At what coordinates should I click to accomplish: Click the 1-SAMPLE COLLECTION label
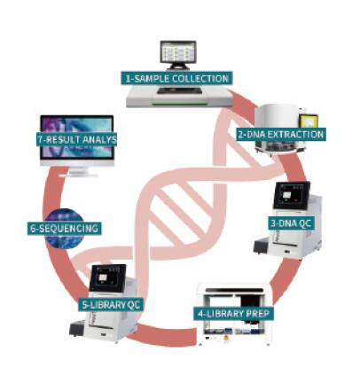(176, 78)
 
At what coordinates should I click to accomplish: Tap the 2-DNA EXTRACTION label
(281, 135)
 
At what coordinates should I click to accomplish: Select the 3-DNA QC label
(292, 223)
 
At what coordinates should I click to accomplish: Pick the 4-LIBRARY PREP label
(233, 313)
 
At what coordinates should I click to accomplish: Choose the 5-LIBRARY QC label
(111, 304)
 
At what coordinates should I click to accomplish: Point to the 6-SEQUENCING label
(65, 229)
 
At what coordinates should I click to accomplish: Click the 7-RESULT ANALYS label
(77, 139)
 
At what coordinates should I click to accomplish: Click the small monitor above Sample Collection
(178, 55)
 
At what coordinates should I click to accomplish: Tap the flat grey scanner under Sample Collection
(179, 97)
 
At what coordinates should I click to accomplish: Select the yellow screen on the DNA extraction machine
(309, 121)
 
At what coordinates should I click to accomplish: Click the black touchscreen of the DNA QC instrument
(292, 195)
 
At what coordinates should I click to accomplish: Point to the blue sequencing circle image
(65, 228)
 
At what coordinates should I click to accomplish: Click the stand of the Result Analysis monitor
(78, 172)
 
